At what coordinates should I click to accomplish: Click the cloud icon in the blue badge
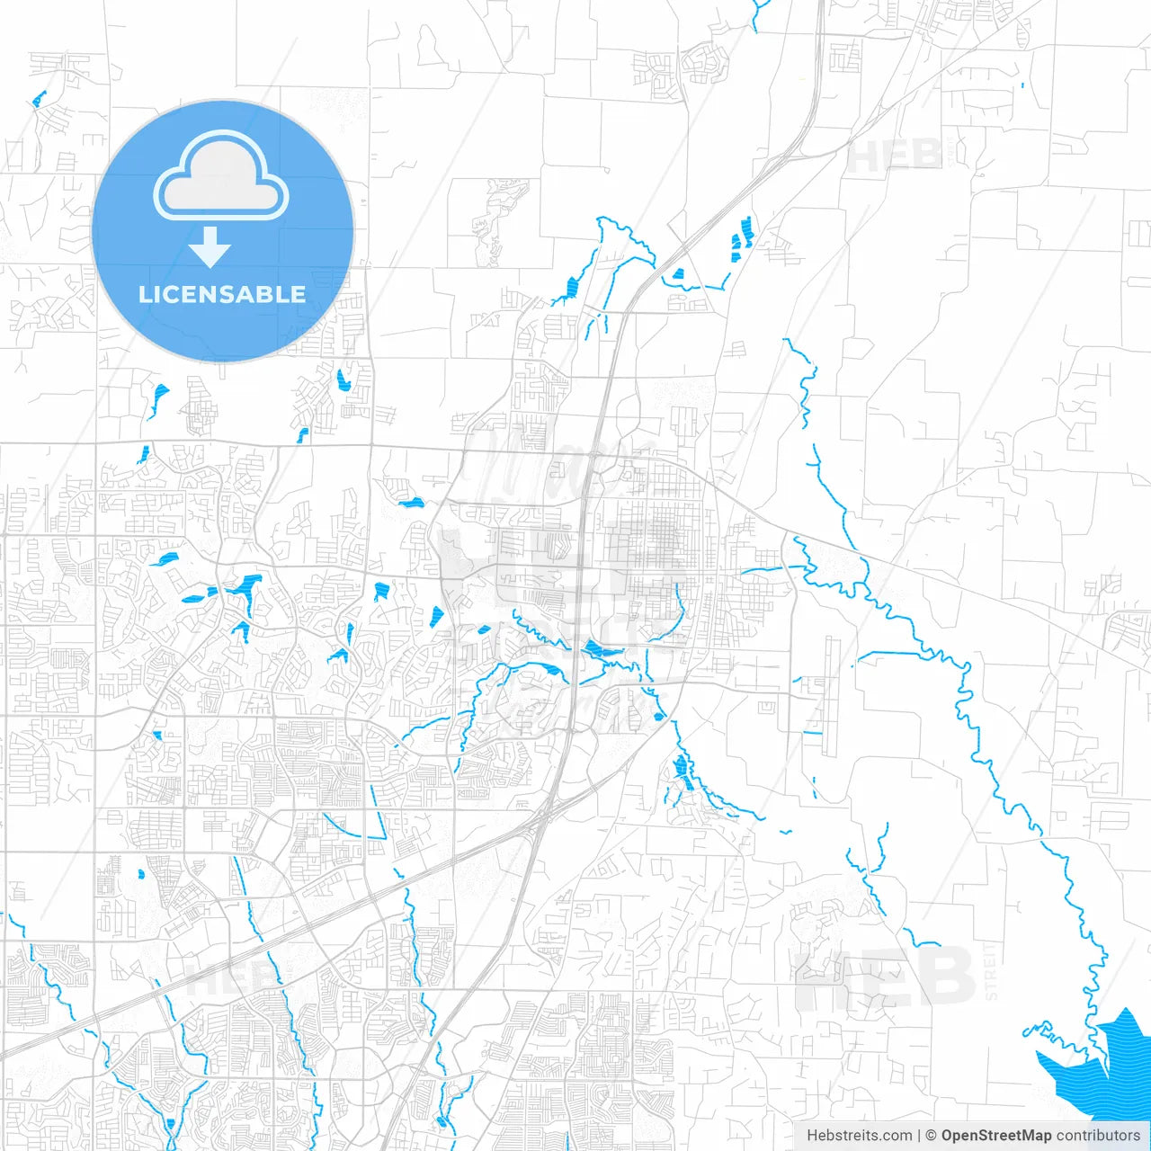(221, 175)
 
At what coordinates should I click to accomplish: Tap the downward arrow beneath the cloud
(210, 247)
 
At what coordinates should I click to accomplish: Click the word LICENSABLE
(222, 294)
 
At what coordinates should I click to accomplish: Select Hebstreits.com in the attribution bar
(859, 1136)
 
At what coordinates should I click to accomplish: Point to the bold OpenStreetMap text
(995, 1136)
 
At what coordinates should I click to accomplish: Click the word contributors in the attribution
(1098, 1136)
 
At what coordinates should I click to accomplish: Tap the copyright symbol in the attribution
(932, 1136)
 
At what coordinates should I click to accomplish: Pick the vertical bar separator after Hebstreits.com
(919, 1136)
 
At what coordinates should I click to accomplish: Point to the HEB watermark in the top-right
(895, 156)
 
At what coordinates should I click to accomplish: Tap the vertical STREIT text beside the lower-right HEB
(991, 971)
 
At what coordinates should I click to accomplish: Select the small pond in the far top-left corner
(38, 99)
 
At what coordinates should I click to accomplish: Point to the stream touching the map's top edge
(759, 11)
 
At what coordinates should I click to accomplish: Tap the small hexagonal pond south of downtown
(659, 717)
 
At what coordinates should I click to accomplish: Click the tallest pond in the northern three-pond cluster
(745, 228)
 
